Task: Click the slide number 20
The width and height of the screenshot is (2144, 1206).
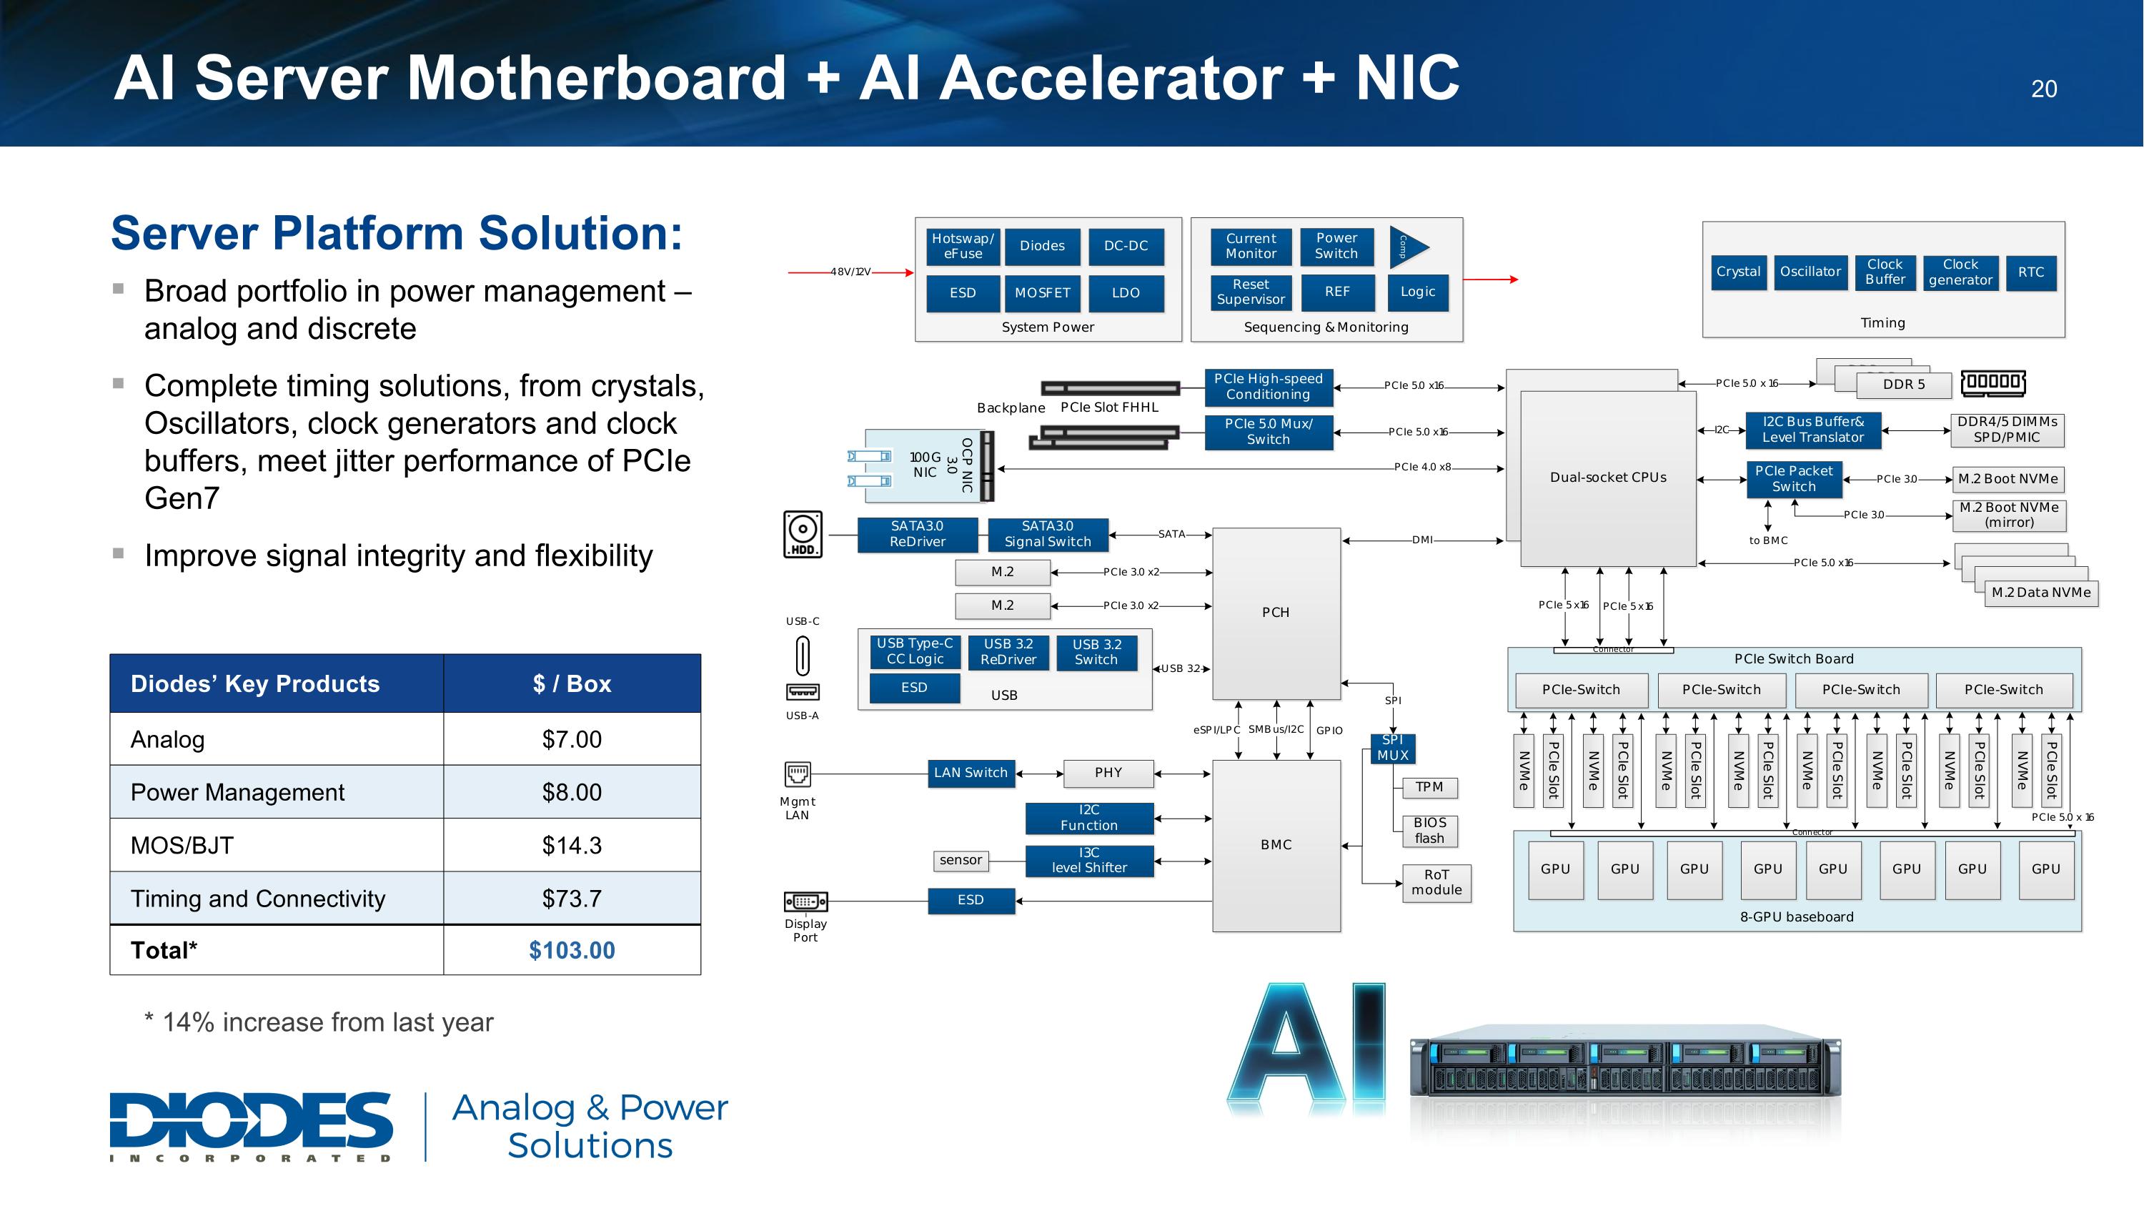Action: (x=2043, y=89)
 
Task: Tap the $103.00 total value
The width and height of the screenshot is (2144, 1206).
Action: (x=572, y=951)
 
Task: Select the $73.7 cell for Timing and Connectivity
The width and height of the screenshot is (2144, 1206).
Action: (x=572, y=898)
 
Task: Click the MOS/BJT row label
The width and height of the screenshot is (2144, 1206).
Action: (x=182, y=845)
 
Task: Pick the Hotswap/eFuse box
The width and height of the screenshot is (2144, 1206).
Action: (x=963, y=247)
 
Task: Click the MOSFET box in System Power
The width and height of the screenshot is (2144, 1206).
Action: (x=1042, y=293)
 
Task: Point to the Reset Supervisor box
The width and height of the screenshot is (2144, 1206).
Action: (x=1250, y=292)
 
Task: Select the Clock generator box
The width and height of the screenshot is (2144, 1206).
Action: (x=1960, y=272)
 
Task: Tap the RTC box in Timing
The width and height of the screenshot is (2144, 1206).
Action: (x=2031, y=272)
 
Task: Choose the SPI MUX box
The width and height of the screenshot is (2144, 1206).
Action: (x=1392, y=747)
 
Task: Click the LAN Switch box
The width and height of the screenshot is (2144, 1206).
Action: (x=971, y=773)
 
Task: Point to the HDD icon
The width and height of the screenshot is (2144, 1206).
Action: (x=803, y=534)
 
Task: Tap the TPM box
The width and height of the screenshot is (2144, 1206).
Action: (x=1429, y=787)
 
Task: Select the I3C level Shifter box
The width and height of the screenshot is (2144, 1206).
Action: (x=1088, y=861)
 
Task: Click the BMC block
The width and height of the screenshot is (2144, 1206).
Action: (x=1276, y=845)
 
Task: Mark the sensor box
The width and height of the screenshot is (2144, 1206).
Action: (x=961, y=861)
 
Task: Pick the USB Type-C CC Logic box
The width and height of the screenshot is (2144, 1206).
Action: (x=914, y=652)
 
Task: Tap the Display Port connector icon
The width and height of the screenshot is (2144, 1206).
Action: (x=805, y=901)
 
